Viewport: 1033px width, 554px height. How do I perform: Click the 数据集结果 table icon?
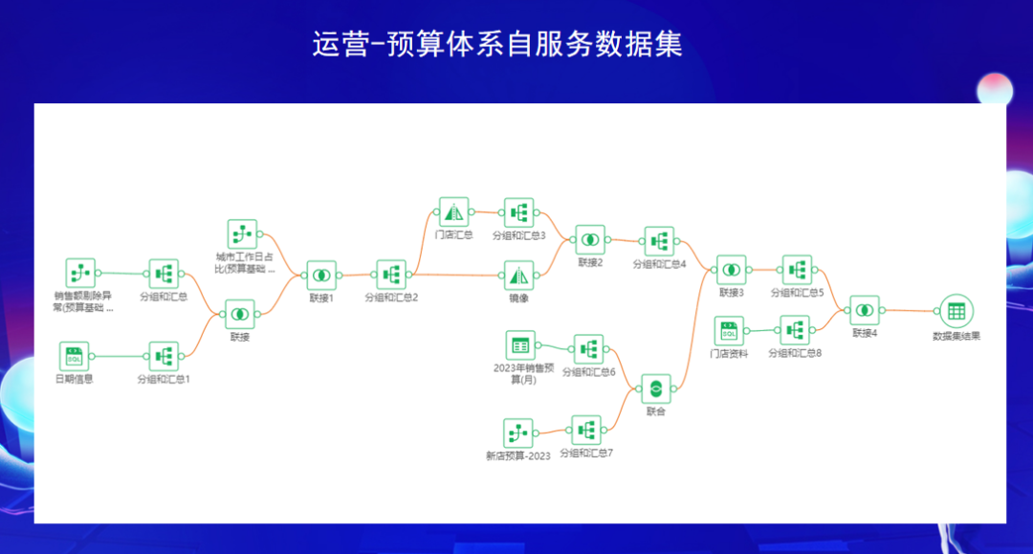click(x=956, y=310)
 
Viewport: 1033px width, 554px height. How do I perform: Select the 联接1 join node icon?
click(x=321, y=275)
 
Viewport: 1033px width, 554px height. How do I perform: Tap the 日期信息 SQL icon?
click(x=74, y=356)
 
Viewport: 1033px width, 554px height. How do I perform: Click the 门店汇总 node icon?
click(x=453, y=211)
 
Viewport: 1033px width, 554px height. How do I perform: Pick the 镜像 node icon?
click(x=519, y=276)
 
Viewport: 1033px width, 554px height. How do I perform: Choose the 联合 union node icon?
click(x=655, y=388)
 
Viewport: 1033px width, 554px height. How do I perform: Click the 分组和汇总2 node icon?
click(x=390, y=275)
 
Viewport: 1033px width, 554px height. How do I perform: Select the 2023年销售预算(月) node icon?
click(x=520, y=344)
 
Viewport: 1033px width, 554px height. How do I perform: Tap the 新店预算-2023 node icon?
click(x=517, y=433)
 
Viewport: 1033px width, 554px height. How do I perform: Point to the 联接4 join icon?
click(x=865, y=310)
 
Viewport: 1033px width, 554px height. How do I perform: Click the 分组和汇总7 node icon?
click(x=586, y=430)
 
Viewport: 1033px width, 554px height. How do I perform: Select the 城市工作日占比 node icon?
click(x=243, y=233)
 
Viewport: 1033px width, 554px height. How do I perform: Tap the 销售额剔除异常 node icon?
click(x=80, y=273)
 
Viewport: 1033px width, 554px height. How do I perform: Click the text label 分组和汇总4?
click(x=659, y=263)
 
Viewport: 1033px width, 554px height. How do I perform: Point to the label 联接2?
click(x=590, y=261)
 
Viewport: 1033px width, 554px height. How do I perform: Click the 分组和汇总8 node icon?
click(x=795, y=330)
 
